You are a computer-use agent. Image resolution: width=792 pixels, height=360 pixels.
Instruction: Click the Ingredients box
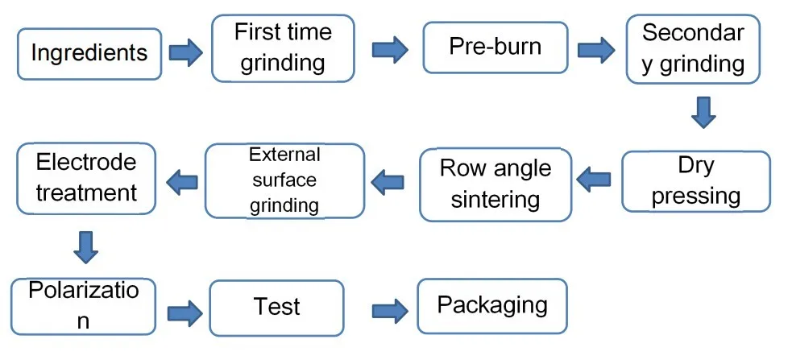[x=89, y=54]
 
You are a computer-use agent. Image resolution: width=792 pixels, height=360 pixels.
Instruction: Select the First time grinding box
[x=283, y=48]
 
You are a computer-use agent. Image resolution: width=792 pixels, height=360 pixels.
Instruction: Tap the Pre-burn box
[x=495, y=46]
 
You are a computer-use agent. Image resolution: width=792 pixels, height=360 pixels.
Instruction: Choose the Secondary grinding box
[x=693, y=49]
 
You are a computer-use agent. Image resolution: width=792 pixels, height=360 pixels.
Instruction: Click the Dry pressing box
[x=696, y=181]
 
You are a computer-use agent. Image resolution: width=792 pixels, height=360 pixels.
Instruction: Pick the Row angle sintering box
[x=496, y=184]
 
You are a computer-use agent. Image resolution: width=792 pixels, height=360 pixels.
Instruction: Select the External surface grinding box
[x=284, y=180]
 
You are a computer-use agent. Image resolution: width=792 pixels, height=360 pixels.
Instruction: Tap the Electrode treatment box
[x=86, y=178]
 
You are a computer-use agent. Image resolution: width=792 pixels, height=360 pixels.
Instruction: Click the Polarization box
[x=83, y=305]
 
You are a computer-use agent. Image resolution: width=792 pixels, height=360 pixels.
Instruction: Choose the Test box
[x=277, y=307]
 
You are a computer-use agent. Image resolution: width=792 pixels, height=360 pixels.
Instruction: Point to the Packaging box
[x=491, y=305]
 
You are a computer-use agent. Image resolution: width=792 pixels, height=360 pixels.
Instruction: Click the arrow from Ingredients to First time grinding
[x=185, y=54]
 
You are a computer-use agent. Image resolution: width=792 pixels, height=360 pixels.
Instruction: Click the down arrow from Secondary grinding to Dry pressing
[x=703, y=112]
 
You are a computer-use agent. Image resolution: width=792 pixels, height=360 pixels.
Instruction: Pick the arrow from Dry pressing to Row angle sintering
[x=595, y=180]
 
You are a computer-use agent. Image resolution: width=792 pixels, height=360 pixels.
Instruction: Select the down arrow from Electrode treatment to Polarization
[x=85, y=247]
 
